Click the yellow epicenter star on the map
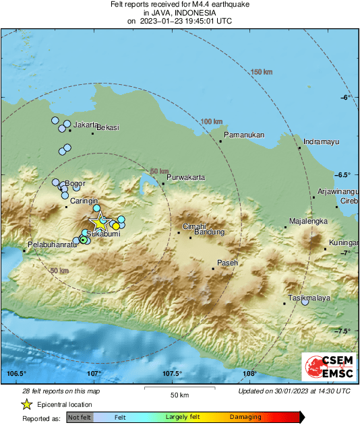click(x=100, y=222)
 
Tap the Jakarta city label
click(x=86, y=125)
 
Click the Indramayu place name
click(x=320, y=142)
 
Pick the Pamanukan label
click(x=244, y=135)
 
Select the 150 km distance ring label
click(x=260, y=72)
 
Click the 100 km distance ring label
click(x=211, y=121)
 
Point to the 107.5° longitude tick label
click(x=172, y=374)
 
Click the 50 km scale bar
click(x=178, y=387)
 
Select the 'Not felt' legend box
click(x=80, y=418)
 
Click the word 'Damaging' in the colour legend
click(x=246, y=418)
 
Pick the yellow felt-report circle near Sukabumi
click(x=115, y=226)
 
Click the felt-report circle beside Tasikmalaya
click(x=305, y=302)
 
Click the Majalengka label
click(x=308, y=221)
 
